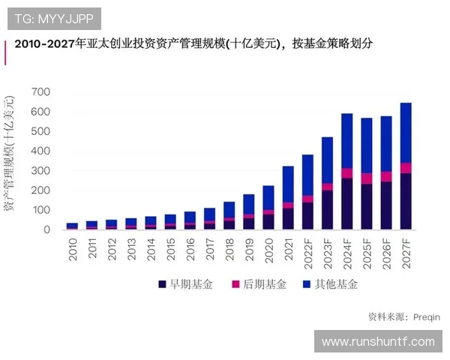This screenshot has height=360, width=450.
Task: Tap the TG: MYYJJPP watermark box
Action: [54, 18]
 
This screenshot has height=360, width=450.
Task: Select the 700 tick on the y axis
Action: [40, 92]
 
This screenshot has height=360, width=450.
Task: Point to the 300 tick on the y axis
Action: [40, 171]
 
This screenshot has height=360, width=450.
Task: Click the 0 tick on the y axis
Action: [46, 229]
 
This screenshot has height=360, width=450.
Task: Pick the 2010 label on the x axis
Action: [73, 249]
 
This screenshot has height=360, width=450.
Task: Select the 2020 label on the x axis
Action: [268, 249]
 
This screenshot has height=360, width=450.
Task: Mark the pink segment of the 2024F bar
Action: [346, 173]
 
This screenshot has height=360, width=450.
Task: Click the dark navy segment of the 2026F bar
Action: [385, 205]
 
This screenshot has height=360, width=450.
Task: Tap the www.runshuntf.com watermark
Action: [377, 341]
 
